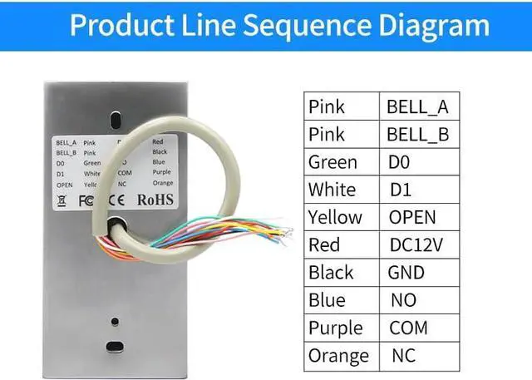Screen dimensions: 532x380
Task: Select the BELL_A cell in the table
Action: (417, 106)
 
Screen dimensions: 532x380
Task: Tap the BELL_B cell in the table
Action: (417, 134)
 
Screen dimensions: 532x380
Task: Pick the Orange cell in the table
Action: (337, 355)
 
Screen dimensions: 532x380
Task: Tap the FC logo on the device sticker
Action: (86, 200)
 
